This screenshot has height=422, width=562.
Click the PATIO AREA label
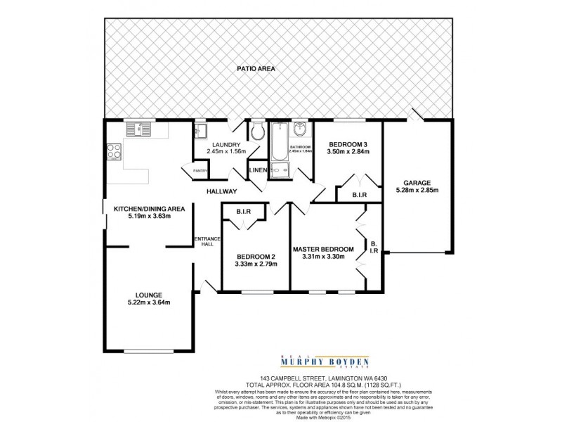(255, 69)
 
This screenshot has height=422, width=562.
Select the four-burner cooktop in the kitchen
(113, 152)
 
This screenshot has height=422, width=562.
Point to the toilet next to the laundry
(257, 131)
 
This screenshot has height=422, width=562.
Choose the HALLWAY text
(221, 191)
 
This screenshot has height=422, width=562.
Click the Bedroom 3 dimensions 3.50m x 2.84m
(348, 154)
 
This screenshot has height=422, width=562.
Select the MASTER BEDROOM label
(323, 249)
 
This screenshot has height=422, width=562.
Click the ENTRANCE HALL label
(207, 241)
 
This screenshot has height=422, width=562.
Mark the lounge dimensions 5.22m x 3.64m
(149, 302)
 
